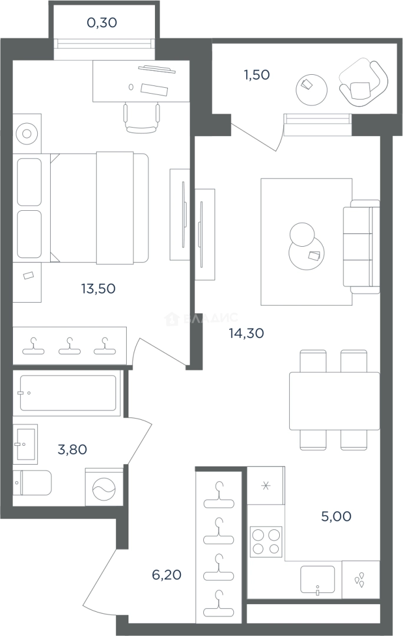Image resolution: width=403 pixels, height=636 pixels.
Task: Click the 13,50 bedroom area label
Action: [x=98, y=289]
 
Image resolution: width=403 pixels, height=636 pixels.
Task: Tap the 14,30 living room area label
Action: [x=246, y=333]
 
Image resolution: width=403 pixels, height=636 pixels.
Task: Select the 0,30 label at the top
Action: [x=102, y=23]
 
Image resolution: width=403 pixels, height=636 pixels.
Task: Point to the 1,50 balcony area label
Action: [x=256, y=75]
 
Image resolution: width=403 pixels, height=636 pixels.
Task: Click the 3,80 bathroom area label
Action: [x=72, y=449]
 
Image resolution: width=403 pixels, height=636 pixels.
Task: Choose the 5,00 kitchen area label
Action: [x=336, y=516]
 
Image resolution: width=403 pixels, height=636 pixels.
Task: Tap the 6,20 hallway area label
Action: [x=166, y=575]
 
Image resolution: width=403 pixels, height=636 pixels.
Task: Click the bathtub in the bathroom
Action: [x=68, y=393]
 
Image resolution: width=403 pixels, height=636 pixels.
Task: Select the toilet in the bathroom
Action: [x=32, y=483]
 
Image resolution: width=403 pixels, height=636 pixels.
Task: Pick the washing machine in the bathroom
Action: [x=104, y=487]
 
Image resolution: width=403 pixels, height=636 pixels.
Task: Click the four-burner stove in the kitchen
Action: [x=266, y=542]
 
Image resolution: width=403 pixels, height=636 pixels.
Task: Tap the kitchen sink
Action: [x=318, y=580]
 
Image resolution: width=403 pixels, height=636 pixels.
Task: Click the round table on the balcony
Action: [x=311, y=90]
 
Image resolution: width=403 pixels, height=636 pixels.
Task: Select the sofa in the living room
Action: [x=361, y=247]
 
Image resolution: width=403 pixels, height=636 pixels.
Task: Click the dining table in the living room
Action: [x=335, y=401]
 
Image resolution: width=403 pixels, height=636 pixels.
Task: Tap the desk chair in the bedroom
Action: [x=141, y=118]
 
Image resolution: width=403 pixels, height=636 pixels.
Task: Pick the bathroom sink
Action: [x=25, y=444]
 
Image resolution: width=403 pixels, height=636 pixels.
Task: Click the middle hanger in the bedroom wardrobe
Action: [x=70, y=346]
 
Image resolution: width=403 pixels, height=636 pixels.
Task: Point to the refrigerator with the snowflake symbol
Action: [x=266, y=485]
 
